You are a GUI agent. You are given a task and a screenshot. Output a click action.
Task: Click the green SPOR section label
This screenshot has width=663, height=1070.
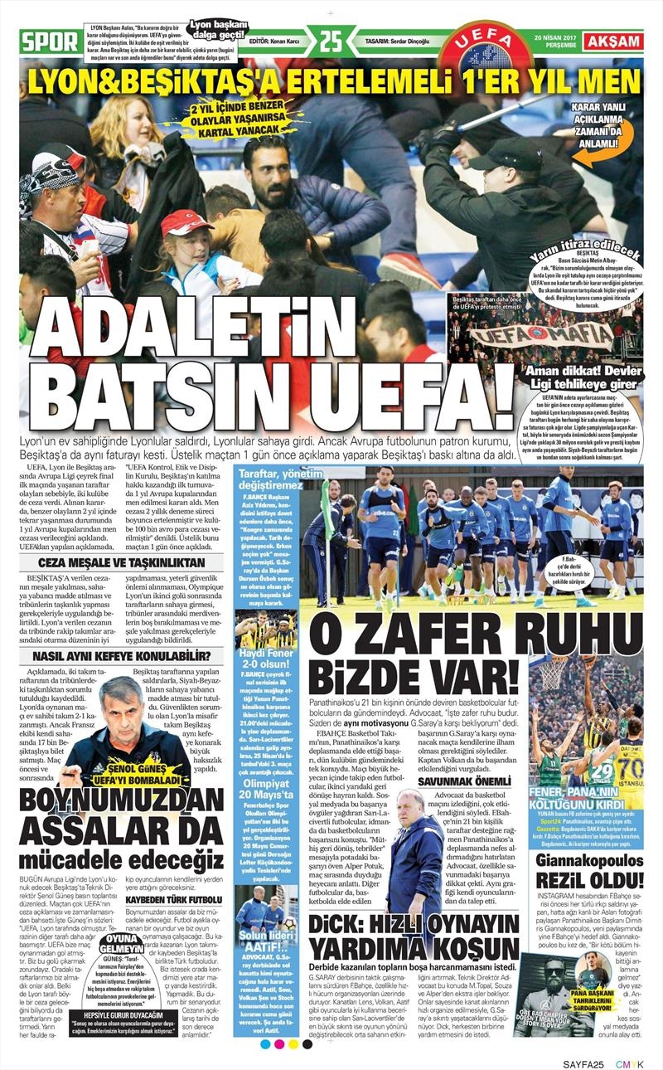tap(49, 41)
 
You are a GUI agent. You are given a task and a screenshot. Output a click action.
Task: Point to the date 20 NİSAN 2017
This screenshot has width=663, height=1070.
tap(555, 37)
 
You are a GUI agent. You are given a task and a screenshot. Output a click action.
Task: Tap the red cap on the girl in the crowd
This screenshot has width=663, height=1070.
tap(186, 221)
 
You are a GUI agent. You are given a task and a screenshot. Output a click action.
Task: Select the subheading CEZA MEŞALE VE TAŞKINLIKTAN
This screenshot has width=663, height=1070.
tap(116, 562)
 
